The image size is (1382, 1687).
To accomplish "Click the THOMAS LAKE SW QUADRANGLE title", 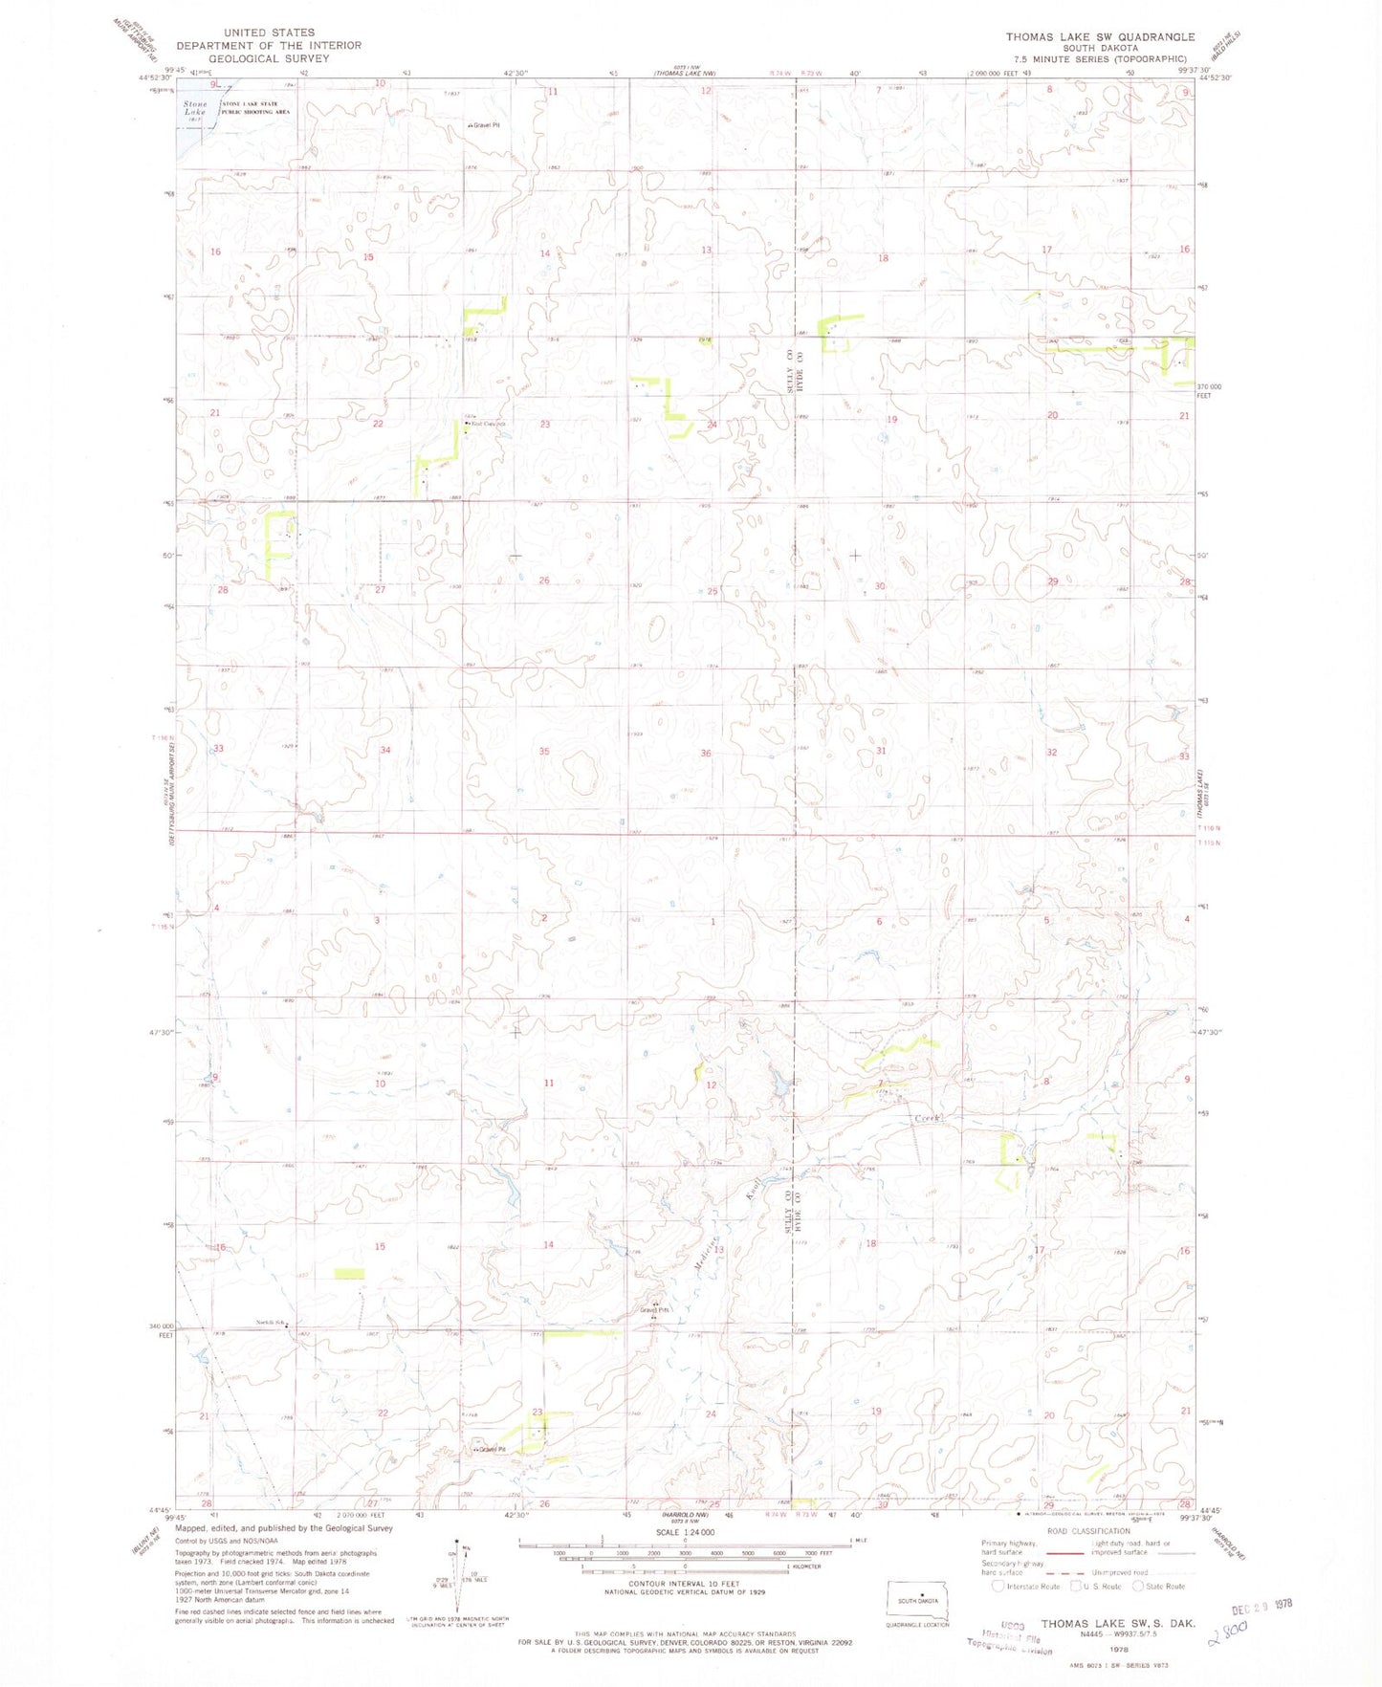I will pyautogui.click(x=1099, y=36).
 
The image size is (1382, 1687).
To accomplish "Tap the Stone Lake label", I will pyautogui.click(x=195, y=108).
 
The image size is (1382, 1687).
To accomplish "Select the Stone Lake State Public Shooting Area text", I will pyautogui.click(x=255, y=108).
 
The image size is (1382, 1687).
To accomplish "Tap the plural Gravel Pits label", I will pyautogui.click(x=655, y=1310).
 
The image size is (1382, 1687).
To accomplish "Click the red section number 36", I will pyautogui.click(x=705, y=754).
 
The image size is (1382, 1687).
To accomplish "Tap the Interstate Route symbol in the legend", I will pyautogui.click(x=998, y=1586).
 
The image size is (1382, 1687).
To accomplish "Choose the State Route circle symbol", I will pyautogui.click(x=1138, y=1586).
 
